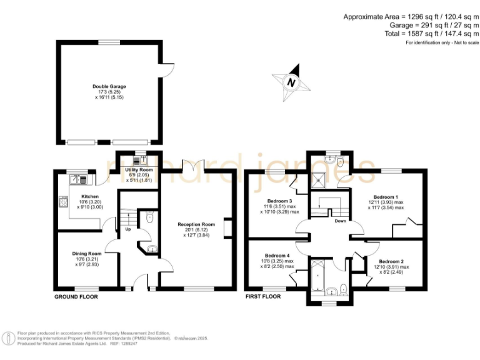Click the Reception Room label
tap(196, 224)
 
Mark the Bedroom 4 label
tap(276, 256)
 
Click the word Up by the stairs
tap(128, 229)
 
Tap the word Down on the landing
tap(340, 221)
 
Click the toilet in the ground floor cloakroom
tap(148, 218)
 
